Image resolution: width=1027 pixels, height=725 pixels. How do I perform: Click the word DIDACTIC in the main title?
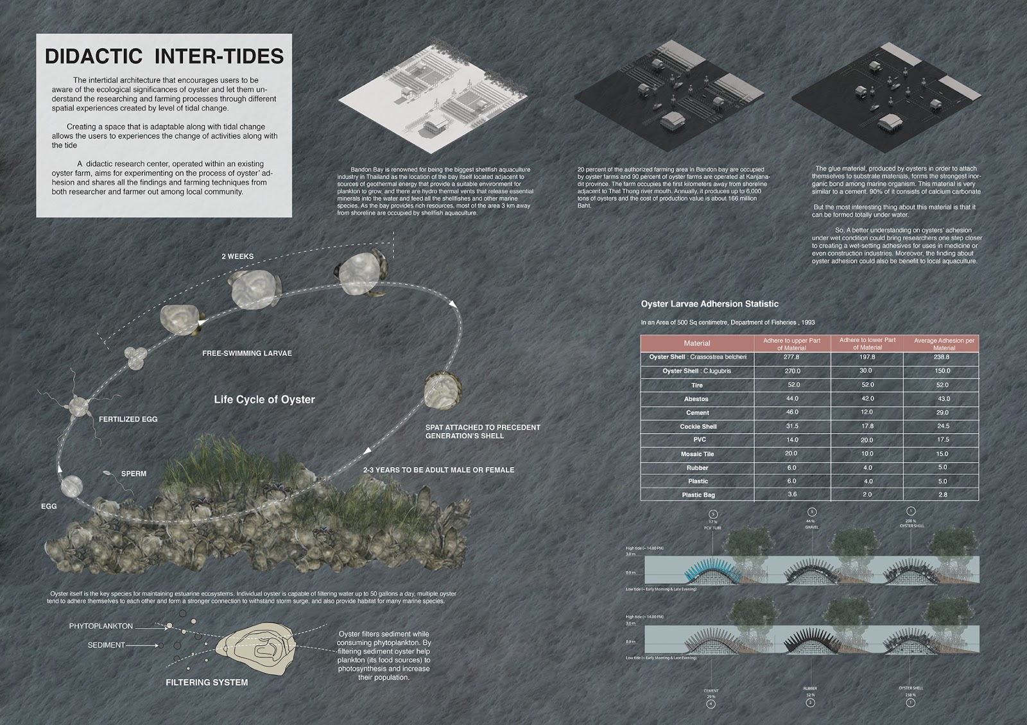(x=93, y=56)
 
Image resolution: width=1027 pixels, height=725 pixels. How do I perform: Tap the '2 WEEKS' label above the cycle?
(x=237, y=257)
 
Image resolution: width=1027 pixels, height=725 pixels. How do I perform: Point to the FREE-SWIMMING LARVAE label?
(x=246, y=354)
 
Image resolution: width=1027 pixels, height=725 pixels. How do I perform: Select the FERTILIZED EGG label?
(x=128, y=420)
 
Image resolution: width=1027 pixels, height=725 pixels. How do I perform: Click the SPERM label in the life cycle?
(x=134, y=474)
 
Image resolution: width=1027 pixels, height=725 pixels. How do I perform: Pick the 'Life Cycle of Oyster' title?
(x=264, y=400)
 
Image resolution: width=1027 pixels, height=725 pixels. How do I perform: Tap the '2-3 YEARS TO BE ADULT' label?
(x=439, y=470)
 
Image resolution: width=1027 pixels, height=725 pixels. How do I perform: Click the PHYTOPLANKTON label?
(x=101, y=626)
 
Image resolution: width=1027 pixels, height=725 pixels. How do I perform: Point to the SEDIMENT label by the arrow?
(x=107, y=645)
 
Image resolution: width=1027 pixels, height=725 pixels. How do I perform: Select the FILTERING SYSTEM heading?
(x=207, y=683)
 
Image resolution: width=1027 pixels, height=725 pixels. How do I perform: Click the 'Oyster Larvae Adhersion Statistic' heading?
(x=709, y=304)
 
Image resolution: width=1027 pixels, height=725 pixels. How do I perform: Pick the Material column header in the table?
(x=697, y=344)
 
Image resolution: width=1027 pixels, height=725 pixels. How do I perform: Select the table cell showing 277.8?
(x=792, y=357)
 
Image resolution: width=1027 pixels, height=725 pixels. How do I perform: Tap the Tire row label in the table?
(x=697, y=385)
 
